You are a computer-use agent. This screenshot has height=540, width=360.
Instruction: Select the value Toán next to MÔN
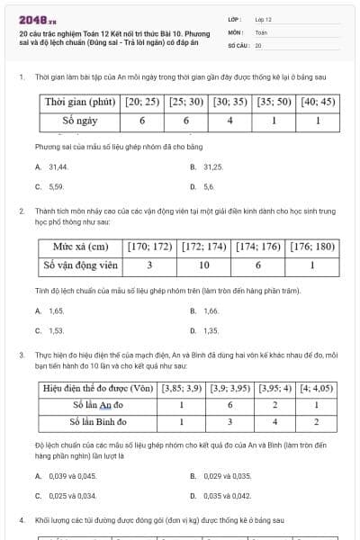pos(261,31)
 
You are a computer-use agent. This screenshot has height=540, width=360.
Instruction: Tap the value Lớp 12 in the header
pos(263,19)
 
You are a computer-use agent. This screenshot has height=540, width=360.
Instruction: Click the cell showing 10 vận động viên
pos(203,265)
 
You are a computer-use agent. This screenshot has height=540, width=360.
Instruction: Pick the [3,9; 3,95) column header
pos(229,389)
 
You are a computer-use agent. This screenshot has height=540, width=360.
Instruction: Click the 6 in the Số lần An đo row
pos(229,405)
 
